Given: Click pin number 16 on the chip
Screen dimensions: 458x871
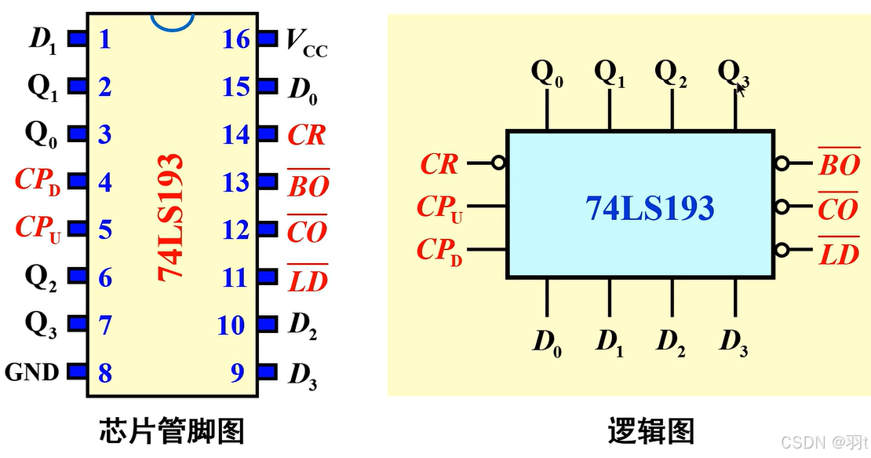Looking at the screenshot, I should click(235, 38).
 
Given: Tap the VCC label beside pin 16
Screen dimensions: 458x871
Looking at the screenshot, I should click(305, 43).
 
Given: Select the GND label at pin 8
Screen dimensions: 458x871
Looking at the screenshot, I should click(32, 372).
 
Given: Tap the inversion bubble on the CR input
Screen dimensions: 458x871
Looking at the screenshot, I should click(498, 164).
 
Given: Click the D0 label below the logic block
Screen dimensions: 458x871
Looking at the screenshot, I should click(547, 343).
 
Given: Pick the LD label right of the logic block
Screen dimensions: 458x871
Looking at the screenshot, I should click(838, 254).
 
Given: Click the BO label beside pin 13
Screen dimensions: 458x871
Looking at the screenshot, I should click(308, 185).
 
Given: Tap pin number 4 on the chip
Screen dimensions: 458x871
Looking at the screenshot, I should click(104, 182).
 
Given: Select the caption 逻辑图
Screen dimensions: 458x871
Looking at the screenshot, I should click(651, 431).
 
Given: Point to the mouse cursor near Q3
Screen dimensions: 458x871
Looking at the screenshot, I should click(739, 90).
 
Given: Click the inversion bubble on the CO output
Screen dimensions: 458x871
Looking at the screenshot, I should click(782, 207).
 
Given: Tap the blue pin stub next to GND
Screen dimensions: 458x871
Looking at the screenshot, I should click(77, 371).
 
